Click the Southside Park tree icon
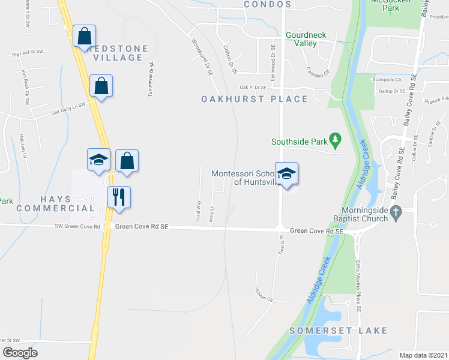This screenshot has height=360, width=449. coord(336,141)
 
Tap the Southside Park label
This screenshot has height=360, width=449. coord(299,142)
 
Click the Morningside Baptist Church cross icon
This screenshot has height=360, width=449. coord(394,211)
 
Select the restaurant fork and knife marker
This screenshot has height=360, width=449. coord(118,196)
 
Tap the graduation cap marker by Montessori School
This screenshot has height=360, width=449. coord(287,173)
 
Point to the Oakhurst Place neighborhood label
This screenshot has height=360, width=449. coord(254,99)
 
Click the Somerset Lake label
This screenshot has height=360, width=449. coord(338,331)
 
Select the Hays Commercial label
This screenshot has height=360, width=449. coord(55,203)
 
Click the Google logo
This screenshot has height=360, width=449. coord(20,353)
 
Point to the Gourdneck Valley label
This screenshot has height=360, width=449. coord(306,39)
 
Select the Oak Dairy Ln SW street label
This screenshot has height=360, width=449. coord(69,108)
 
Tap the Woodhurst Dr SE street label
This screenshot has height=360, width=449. coord(202,58)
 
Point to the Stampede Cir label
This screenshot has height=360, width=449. coord(386,80)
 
